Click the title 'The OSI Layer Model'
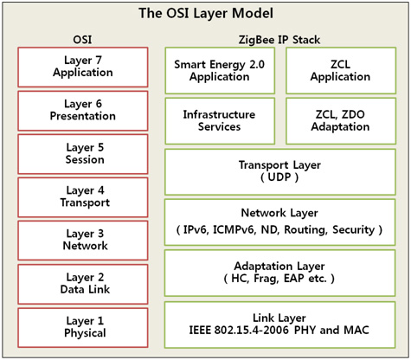(206, 13)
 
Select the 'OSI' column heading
(82, 40)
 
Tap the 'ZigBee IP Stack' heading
(279, 40)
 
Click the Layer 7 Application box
(83, 67)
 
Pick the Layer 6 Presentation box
(83, 111)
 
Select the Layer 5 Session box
(83, 154)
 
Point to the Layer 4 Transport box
(83, 197)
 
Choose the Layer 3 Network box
(83, 241)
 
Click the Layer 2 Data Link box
(83, 284)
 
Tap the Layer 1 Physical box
(83, 328)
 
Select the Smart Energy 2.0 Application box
(220, 71)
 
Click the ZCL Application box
(341, 71)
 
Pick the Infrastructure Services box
(220, 121)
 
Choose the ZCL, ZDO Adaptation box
(341, 121)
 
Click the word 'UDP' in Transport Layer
(279, 177)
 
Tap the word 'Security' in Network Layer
(354, 230)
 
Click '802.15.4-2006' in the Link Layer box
(251, 330)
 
